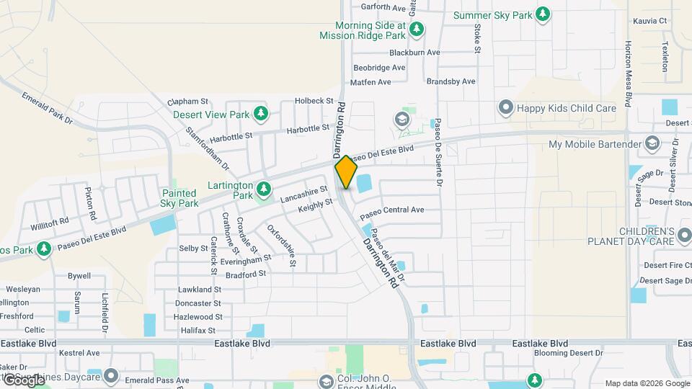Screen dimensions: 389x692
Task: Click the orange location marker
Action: (346, 172)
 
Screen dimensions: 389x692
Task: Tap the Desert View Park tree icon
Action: (260, 114)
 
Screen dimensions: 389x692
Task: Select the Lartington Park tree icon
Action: (265, 189)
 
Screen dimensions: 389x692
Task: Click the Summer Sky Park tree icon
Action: (543, 15)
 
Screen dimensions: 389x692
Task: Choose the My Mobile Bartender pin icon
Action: (653, 143)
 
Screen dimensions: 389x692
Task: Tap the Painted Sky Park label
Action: (179, 198)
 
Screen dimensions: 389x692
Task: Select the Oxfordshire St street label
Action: (282, 246)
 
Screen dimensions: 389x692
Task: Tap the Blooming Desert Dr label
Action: (568, 353)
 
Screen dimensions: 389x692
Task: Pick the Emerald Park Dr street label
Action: (47, 109)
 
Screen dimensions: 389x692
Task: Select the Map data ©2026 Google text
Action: (647, 383)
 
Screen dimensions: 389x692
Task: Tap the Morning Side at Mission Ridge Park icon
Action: (416, 30)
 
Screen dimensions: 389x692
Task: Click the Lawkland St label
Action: (199, 290)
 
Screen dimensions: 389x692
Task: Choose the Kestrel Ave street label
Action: (79, 353)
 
